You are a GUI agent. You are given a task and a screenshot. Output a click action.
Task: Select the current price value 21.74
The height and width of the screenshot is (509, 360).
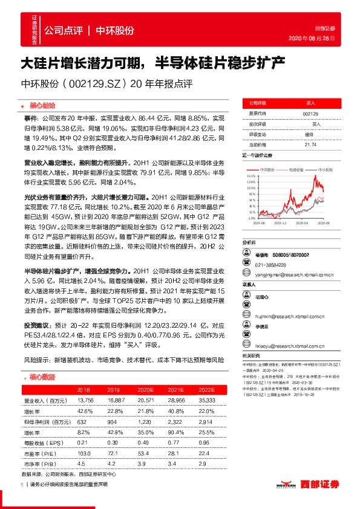[x=310, y=144]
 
